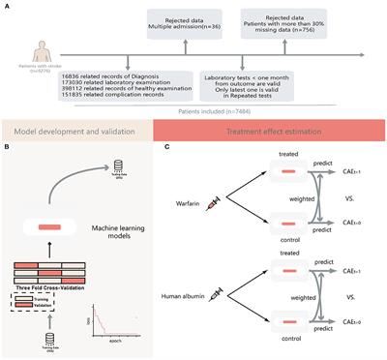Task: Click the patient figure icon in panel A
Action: [30, 52]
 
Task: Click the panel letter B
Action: [7, 148]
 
